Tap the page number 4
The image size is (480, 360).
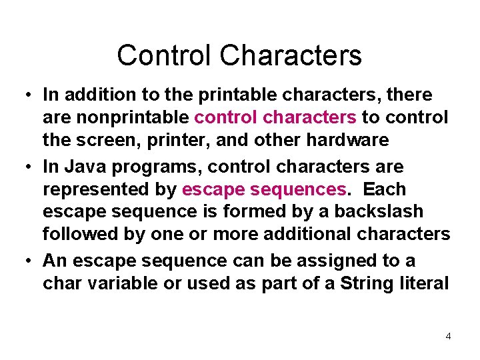click(x=448, y=336)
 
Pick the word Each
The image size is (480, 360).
click(x=385, y=189)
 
